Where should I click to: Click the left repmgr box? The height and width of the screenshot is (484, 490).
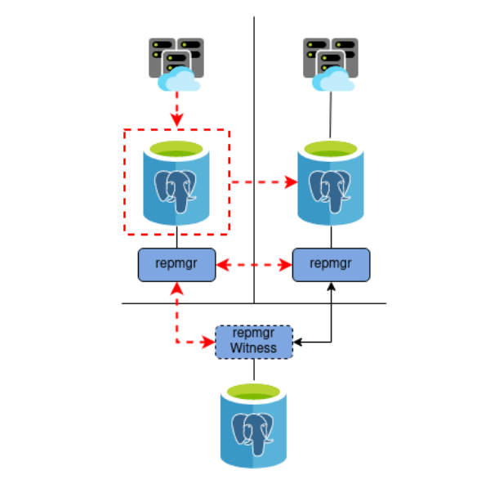coord(176,264)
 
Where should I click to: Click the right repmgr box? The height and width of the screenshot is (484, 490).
coord(332,264)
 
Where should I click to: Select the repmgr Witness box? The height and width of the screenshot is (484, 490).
coord(253,341)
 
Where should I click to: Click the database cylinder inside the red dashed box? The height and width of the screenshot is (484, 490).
coord(176,182)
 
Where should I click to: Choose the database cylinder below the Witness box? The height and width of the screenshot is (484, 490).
coord(254,426)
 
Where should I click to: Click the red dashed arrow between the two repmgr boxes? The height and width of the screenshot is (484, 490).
coord(254,265)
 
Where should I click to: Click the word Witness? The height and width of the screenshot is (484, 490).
coord(253,347)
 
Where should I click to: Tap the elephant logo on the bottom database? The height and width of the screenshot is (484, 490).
coord(253,433)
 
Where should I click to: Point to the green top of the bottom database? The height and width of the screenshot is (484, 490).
coord(254,393)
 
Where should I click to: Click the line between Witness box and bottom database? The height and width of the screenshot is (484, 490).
coord(254,369)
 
